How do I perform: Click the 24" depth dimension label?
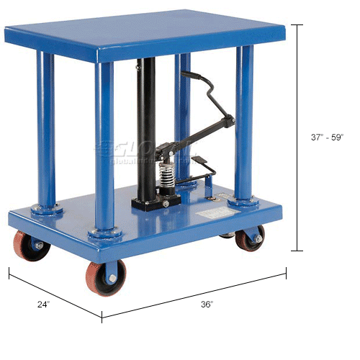[x=44, y=305]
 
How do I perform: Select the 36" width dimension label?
[x=207, y=305]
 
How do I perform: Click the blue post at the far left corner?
[x=47, y=130]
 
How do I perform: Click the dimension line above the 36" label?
[x=194, y=292]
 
